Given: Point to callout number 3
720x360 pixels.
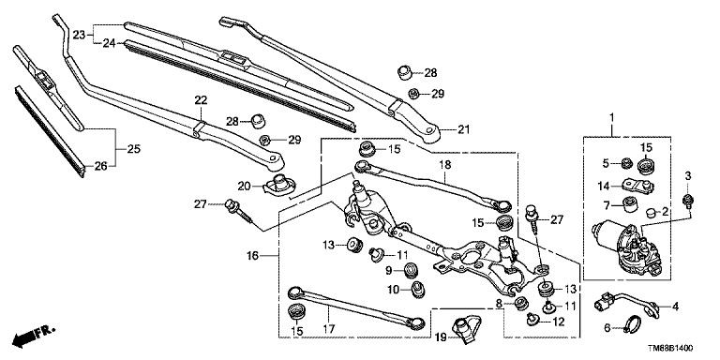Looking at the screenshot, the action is pyautogui.click(x=687, y=176).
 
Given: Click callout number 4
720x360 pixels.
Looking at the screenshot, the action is pyautogui.click(x=675, y=307).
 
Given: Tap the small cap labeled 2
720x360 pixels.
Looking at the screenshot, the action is pyautogui.click(x=651, y=213).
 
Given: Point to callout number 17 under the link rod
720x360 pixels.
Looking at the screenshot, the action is pyautogui.click(x=329, y=329).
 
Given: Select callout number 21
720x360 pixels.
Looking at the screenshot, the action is pyautogui.click(x=464, y=130).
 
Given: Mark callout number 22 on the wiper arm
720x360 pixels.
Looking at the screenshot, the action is pyautogui.click(x=201, y=100).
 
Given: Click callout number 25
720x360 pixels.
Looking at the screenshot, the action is pyautogui.click(x=134, y=149).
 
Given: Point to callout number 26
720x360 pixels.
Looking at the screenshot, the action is pyautogui.click(x=101, y=166).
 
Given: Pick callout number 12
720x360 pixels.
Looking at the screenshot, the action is pyautogui.click(x=558, y=322).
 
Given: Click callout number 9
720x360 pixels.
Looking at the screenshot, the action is pyautogui.click(x=388, y=271).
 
